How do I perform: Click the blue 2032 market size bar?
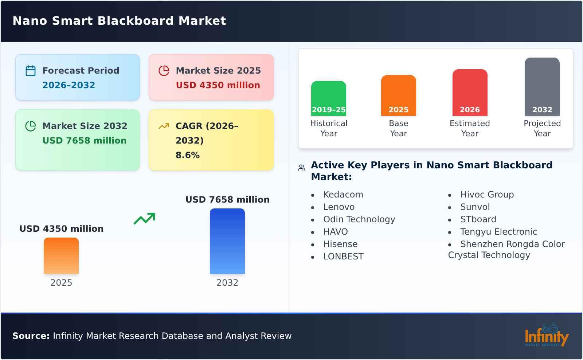227,241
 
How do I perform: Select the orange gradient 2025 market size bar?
61,255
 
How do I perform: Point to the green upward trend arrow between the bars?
144,219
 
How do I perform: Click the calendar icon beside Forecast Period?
31,71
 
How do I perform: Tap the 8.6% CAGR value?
187,155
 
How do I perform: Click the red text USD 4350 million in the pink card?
218,85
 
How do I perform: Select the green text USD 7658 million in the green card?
84,141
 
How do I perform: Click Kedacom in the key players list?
343,195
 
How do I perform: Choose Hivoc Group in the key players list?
487,195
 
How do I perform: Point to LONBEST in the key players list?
343,257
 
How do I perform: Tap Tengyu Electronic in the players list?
498,232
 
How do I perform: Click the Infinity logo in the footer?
546,335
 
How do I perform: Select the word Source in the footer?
31,336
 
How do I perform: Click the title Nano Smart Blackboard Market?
119,21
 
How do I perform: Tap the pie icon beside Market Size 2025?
164,71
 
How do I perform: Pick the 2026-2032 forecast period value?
69,85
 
